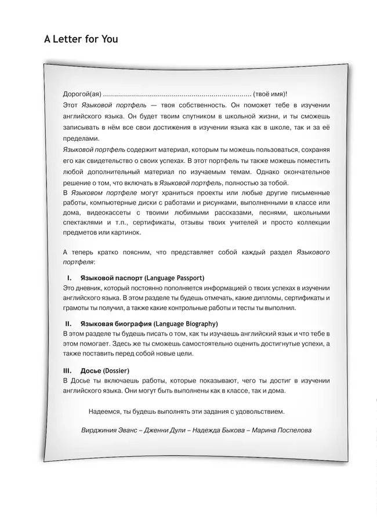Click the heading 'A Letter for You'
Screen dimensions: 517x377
81,39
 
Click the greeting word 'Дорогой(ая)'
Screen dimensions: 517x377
81,94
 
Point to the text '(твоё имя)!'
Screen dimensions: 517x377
270,94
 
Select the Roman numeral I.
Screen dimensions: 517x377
69,278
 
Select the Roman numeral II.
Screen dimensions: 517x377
68,323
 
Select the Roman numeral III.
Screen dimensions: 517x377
67,370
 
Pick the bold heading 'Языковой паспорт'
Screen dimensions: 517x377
111,278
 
